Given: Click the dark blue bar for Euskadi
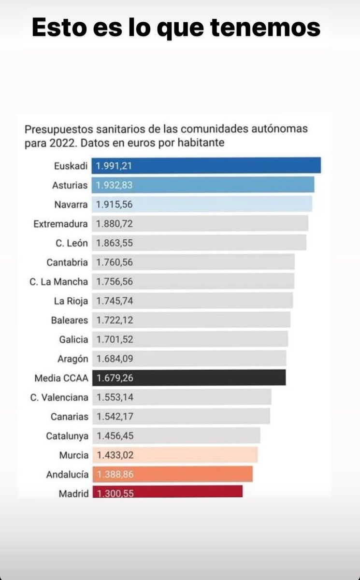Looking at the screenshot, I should coord(206,165).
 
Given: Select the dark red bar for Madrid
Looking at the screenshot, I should coord(167,492).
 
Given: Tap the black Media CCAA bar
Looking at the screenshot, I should coord(189,378).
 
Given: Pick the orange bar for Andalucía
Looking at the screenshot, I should coord(173,474).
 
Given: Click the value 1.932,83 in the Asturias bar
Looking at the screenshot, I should coord(115,185).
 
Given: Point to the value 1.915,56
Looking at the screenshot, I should coord(115,204).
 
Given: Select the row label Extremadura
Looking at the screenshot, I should coord(61,224).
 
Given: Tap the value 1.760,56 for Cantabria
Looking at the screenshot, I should coord(115,262).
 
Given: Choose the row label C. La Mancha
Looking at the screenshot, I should coord(58,282).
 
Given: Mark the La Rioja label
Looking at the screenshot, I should coord(71,301).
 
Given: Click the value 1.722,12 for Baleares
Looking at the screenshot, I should coord(115,320).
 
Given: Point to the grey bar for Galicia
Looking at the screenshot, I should coord(190,339).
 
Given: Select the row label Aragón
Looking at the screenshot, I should coord(72,359).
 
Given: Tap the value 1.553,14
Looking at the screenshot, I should coord(115,397).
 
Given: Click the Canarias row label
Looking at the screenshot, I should coord(70,417).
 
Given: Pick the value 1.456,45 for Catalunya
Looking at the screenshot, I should coord(115,436).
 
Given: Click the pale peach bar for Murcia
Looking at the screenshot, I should coord(175,455).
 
